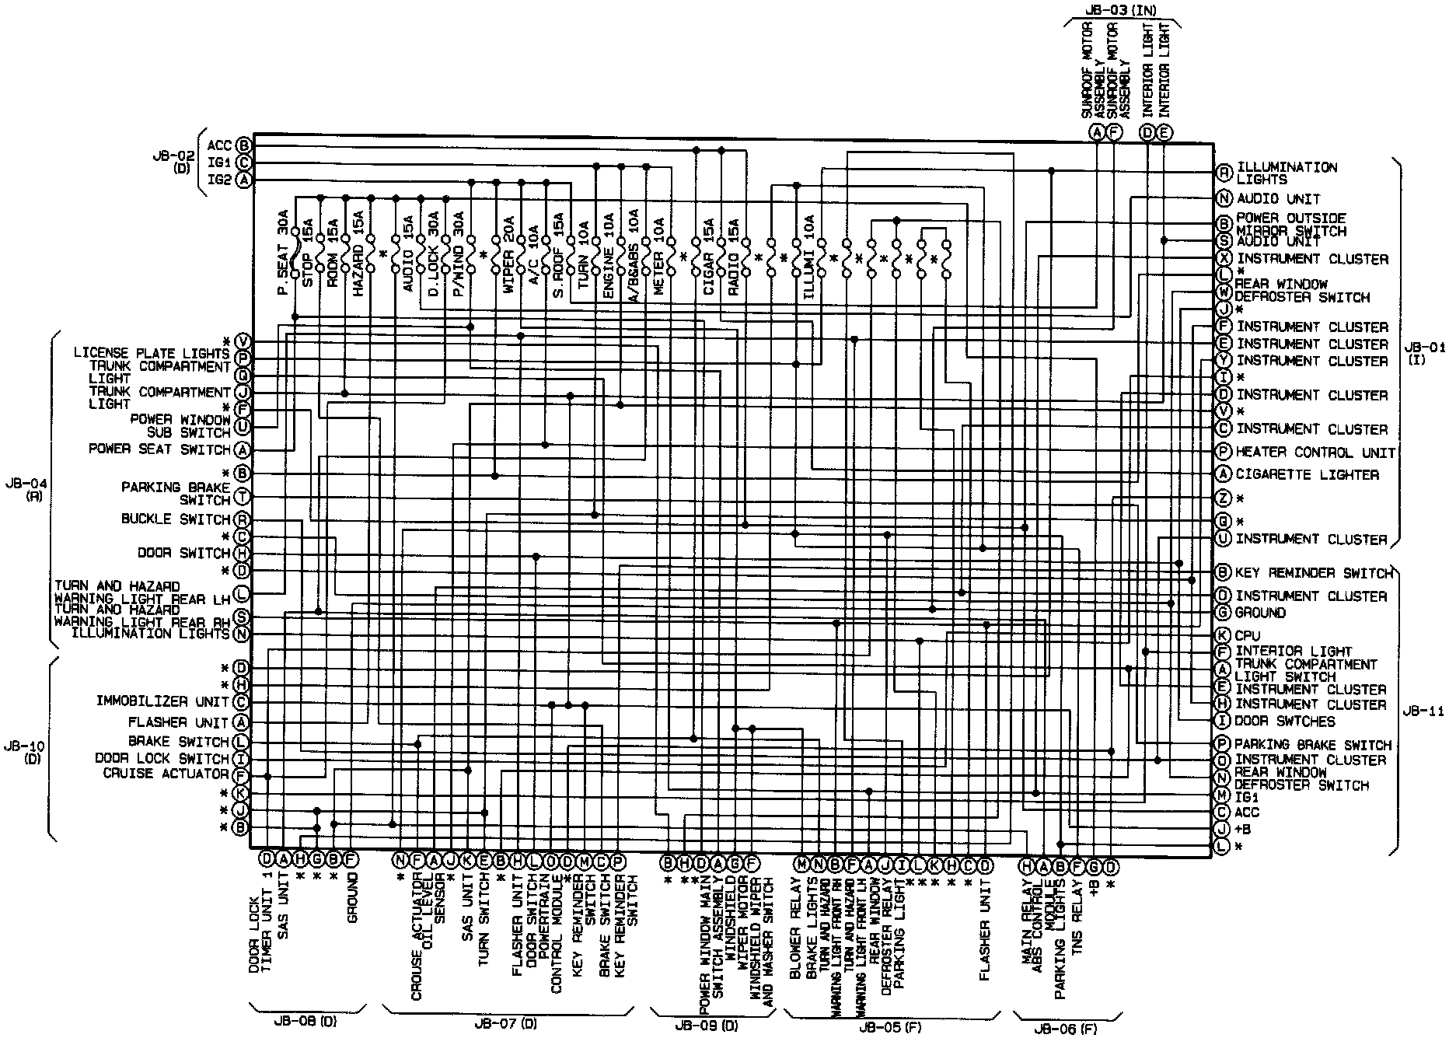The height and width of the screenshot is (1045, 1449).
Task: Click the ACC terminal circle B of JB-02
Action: pyautogui.click(x=244, y=145)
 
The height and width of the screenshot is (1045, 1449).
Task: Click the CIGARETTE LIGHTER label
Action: pyautogui.click(x=1308, y=474)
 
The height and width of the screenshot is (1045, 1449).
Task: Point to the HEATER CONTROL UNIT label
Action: pyautogui.click(x=1315, y=452)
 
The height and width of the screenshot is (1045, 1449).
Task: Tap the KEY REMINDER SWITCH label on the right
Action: pyautogui.click(x=1314, y=573)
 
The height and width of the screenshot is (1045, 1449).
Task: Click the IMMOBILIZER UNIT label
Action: pyautogui.click(x=162, y=701)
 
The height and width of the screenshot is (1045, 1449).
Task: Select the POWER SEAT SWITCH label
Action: pyautogui.click(x=159, y=449)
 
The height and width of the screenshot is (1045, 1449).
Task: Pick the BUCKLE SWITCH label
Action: pyautogui.click(x=176, y=519)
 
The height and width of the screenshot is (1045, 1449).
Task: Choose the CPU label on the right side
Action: pyautogui.click(x=1248, y=635)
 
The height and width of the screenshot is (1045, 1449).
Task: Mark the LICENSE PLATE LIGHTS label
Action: pyautogui.click(x=151, y=354)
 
